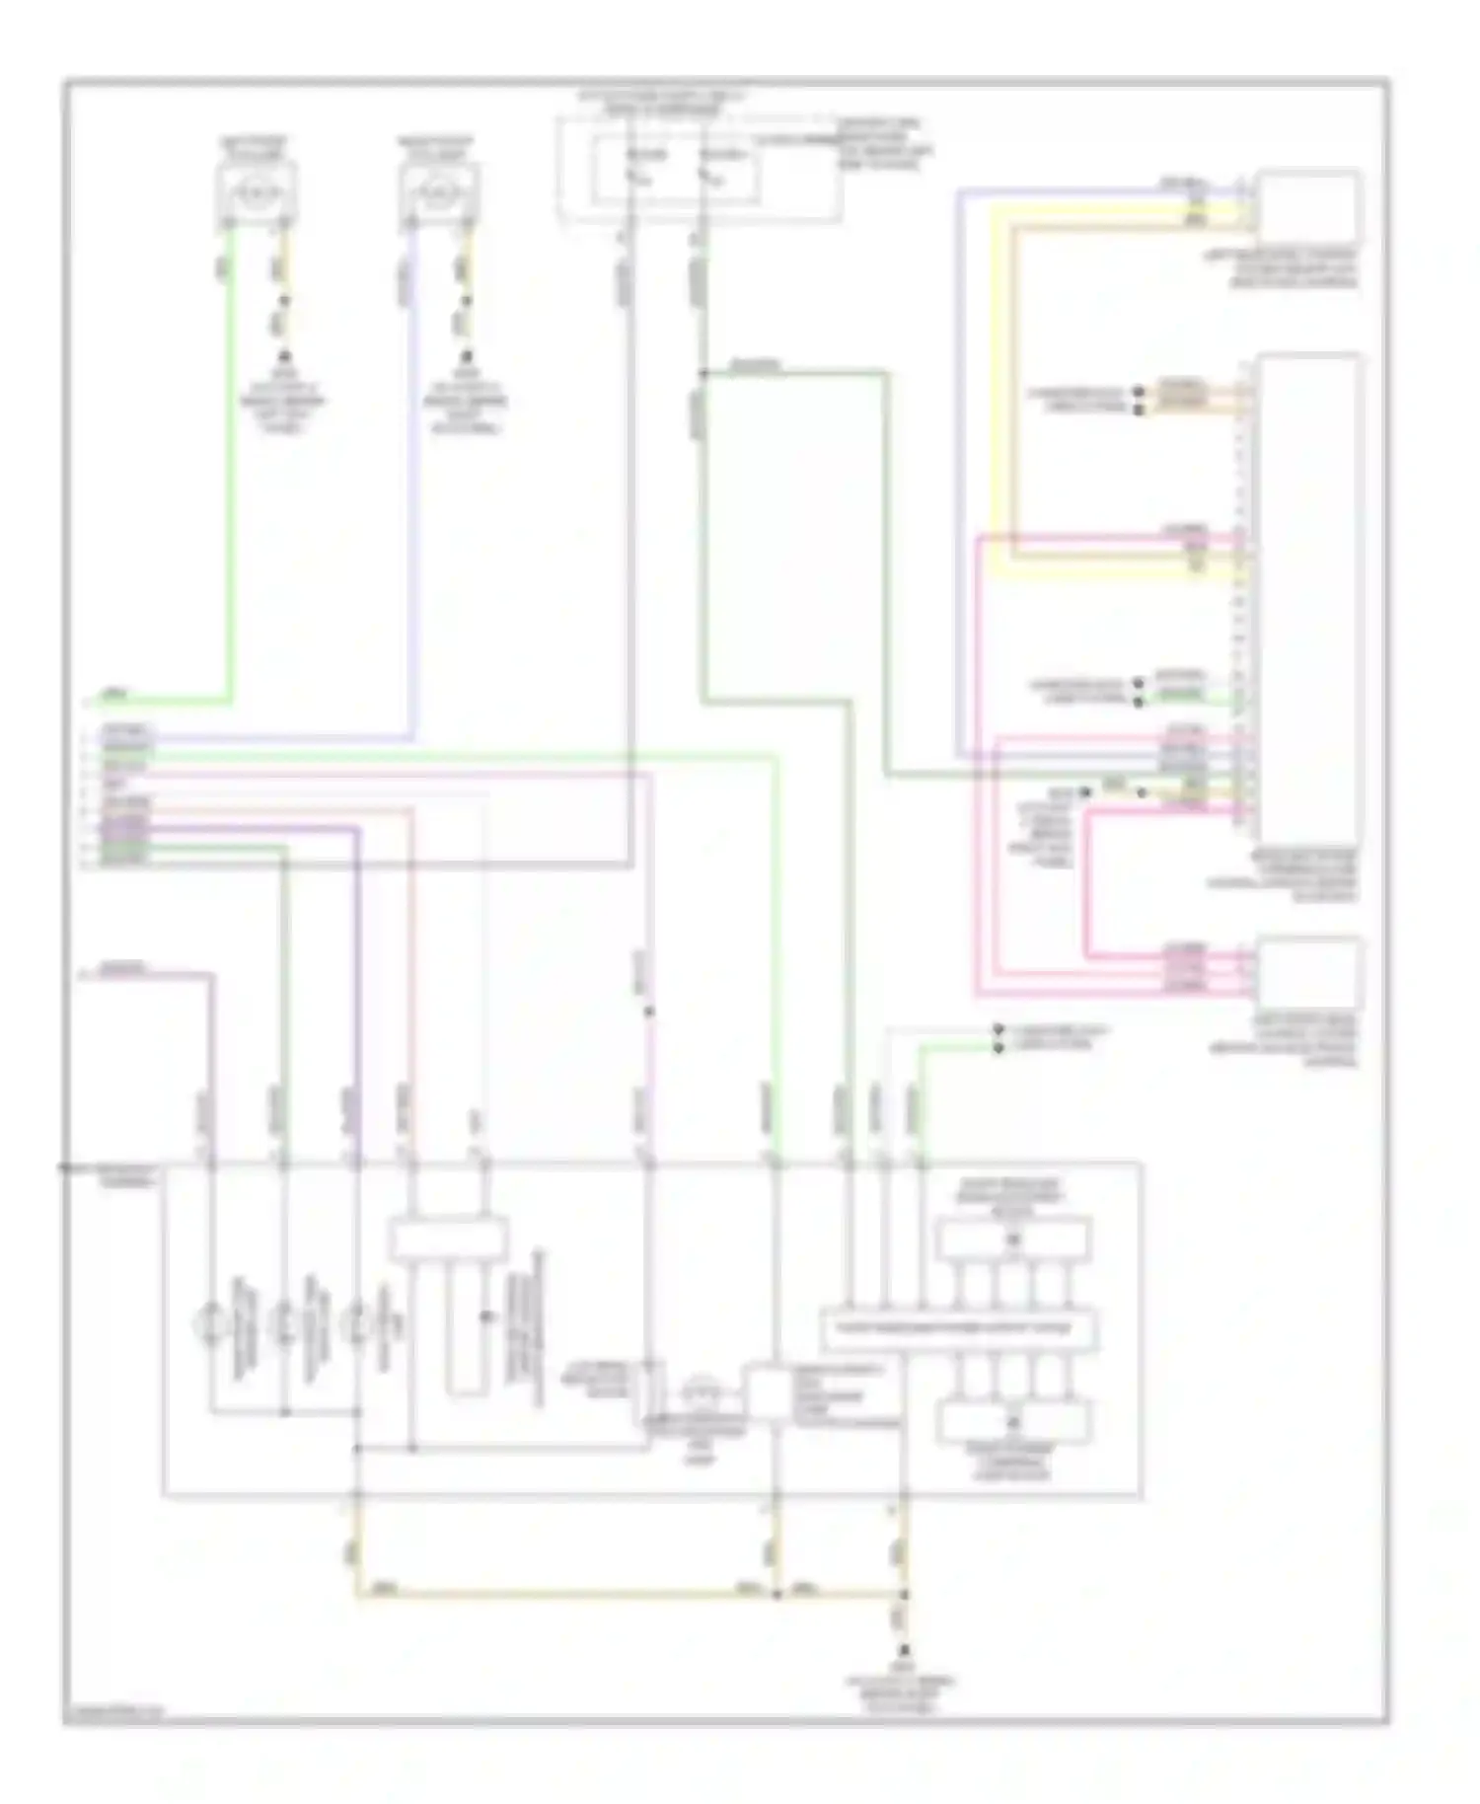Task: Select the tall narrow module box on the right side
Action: pyautogui.click(x=1308, y=592)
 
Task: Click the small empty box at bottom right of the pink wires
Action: pyautogui.click(x=1308, y=971)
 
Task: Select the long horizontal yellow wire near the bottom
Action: pyautogui.click(x=562, y=1593)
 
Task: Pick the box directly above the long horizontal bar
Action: pyautogui.click(x=1013, y=1240)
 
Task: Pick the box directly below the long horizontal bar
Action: pyautogui.click(x=1013, y=1421)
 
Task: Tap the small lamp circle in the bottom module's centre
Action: pyautogui.click(x=702, y=1391)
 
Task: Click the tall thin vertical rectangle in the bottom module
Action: pyautogui.click(x=465, y=1327)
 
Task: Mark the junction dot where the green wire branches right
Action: pyautogui.click(x=702, y=373)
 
